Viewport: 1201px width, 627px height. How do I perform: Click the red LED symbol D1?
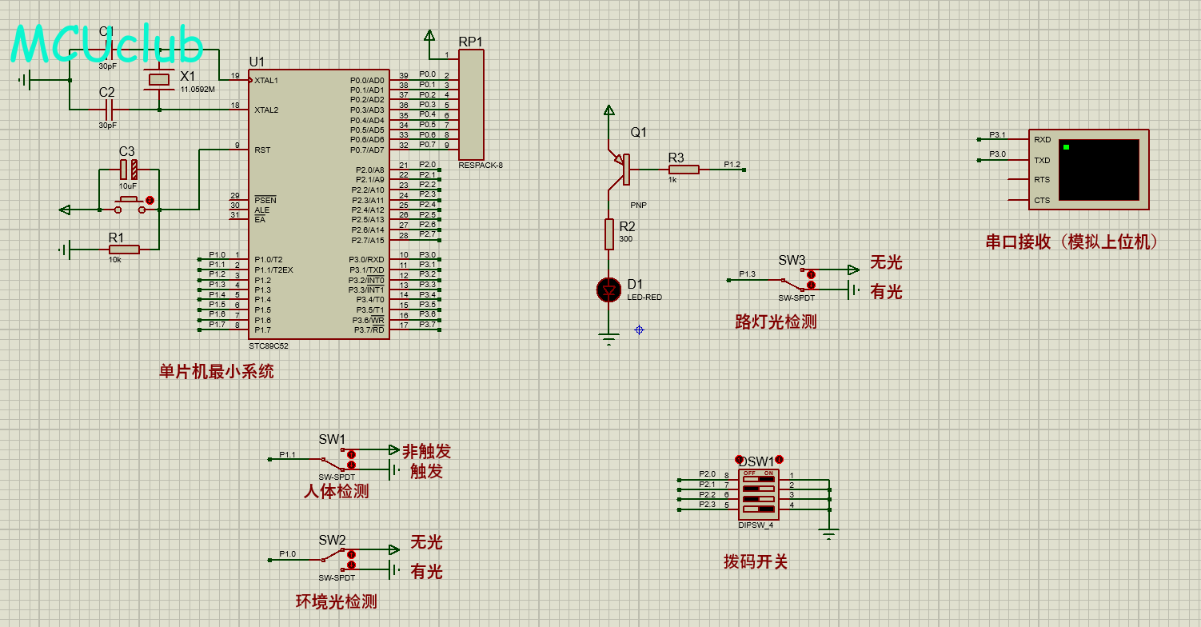(x=609, y=290)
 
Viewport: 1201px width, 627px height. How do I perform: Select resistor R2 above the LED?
(x=609, y=234)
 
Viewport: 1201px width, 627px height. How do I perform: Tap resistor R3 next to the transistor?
(x=684, y=169)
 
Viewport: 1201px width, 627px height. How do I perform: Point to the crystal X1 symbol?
(x=160, y=79)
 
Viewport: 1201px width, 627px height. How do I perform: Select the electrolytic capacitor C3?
(x=128, y=170)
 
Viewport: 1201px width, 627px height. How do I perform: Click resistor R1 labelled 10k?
(x=124, y=250)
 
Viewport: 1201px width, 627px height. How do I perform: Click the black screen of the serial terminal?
(x=1099, y=170)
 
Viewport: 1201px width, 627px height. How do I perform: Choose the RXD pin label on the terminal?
(x=1042, y=140)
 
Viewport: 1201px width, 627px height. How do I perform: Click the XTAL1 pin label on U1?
(x=266, y=80)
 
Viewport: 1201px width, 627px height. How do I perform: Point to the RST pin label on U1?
(x=262, y=150)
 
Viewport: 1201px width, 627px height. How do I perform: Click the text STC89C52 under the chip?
(x=269, y=346)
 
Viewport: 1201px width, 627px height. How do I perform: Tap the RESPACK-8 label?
(x=481, y=166)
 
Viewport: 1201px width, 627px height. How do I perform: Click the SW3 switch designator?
(x=792, y=260)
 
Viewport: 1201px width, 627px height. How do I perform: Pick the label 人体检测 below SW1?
(x=337, y=491)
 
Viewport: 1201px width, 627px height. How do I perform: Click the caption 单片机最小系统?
(x=216, y=372)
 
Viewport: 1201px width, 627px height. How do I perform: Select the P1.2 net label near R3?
(x=732, y=165)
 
